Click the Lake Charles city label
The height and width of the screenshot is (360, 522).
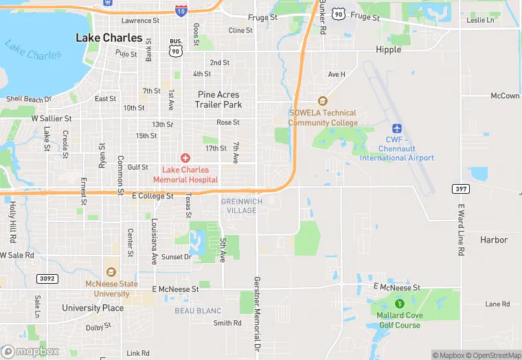(109, 38)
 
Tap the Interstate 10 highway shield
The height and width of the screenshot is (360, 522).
(180, 10)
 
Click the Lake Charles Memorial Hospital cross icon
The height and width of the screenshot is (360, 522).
(185, 158)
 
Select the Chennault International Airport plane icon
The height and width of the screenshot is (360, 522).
(397, 128)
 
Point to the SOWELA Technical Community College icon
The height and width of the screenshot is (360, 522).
(322, 100)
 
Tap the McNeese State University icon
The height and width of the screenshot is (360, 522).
(111, 271)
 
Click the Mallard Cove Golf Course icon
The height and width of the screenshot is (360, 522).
(398, 303)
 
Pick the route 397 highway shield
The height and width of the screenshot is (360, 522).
(460, 188)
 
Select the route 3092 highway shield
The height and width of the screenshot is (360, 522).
(46, 279)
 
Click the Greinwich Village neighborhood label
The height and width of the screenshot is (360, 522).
(239, 205)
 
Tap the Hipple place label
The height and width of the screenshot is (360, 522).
(388, 49)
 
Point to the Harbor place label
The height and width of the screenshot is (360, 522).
(494, 240)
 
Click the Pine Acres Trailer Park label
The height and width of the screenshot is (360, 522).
(218, 100)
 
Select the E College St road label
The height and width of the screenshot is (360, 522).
(152, 196)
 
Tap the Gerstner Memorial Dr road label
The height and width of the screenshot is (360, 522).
(256, 316)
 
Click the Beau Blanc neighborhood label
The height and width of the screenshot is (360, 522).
(198, 311)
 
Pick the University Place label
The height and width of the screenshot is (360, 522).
(93, 308)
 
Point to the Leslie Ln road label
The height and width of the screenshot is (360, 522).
(480, 20)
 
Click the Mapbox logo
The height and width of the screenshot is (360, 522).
(30, 350)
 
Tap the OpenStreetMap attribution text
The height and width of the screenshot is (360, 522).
(493, 355)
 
